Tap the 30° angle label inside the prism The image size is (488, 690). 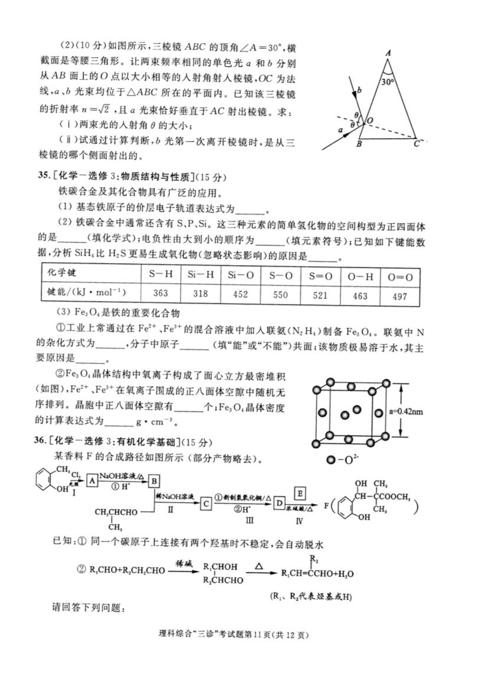388,82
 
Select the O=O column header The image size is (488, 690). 399,275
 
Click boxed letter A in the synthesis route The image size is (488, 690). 92,480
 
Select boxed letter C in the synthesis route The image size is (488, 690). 206,503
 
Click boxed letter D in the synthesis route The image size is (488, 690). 280,503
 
